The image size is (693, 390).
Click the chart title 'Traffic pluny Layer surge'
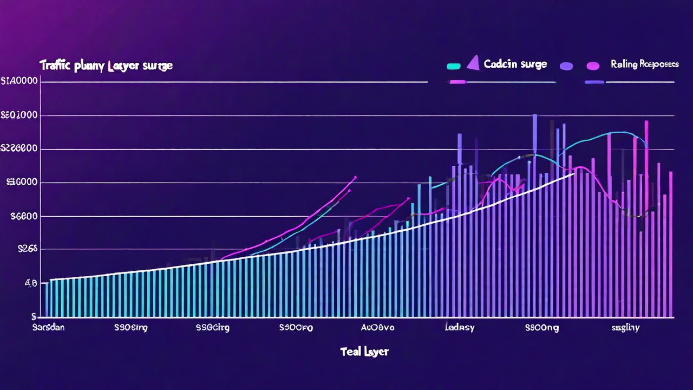point(106,66)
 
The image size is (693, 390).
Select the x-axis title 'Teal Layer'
point(364,352)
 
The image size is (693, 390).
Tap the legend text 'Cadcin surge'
point(515,64)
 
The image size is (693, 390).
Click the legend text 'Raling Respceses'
point(644,64)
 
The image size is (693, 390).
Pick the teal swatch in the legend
point(454,66)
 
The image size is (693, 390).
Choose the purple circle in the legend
point(566,66)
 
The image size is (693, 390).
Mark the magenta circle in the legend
point(593,66)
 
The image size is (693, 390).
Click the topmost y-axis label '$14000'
point(19,82)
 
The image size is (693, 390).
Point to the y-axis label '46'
point(31,283)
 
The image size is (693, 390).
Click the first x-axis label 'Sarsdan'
point(48,328)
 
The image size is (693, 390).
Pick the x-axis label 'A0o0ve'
point(378,328)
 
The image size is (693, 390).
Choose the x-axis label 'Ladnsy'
point(460,328)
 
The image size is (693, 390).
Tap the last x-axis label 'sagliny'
point(625,328)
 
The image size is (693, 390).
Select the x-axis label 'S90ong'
point(542,328)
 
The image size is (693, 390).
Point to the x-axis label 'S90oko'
point(296,328)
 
